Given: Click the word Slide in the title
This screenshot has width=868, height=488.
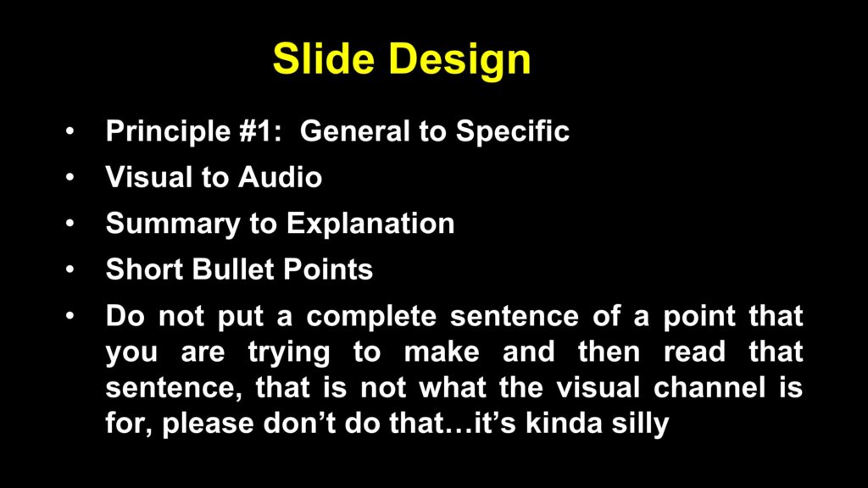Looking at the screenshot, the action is [324, 58].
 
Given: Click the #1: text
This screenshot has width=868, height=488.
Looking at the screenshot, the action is [261, 131].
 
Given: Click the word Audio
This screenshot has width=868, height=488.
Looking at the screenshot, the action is [280, 178].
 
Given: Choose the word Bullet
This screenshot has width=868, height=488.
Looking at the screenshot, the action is [233, 269].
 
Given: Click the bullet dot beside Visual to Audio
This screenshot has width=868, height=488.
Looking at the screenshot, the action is [70, 178].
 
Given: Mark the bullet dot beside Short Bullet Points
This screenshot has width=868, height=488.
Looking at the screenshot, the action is [70, 270].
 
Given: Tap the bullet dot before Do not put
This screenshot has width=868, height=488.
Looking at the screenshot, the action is [70, 317].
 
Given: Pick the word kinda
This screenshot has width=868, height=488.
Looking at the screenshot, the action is [564, 423].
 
